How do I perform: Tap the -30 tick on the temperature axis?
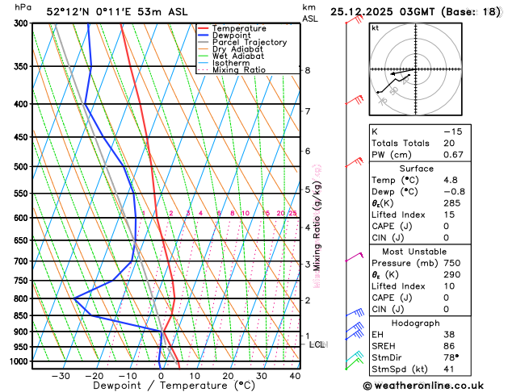coord(61,376)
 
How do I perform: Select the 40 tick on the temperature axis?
coord(295,376)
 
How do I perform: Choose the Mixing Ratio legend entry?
coord(240,70)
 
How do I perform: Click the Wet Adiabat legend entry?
coord(237,56)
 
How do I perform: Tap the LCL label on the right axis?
coord(317,344)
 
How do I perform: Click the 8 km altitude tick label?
coord(307,70)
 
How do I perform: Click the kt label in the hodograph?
coord(375,27)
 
